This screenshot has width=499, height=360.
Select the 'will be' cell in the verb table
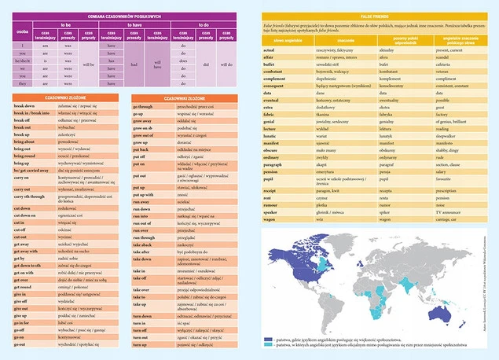click(88, 64)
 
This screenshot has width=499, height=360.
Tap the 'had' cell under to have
click(134, 64)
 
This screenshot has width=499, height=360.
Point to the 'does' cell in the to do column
click(183, 68)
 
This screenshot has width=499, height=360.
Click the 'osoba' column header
click(24, 34)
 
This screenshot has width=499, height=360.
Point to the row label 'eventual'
click(273, 100)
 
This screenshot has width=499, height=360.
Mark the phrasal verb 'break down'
click(25, 105)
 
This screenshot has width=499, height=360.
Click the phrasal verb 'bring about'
click(26, 141)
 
